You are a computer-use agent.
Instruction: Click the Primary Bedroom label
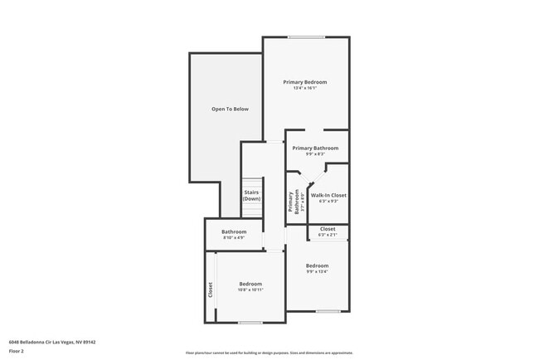(304, 82)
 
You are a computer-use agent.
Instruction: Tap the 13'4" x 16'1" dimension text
(304, 89)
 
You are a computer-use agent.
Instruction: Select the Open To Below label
(230, 109)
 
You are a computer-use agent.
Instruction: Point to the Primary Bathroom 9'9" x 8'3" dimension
(315, 153)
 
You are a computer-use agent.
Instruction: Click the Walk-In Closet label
(328, 195)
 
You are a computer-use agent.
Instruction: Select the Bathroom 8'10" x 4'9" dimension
(233, 238)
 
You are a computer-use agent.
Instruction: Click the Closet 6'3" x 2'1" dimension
(328, 235)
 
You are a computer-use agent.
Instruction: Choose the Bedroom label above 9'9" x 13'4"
(317, 265)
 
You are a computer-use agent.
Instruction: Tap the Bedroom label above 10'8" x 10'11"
(250, 284)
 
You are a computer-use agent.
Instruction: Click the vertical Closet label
(211, 289)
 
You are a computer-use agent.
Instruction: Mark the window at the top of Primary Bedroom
(306, 36)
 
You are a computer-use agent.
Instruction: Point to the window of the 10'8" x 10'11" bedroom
(250, 322)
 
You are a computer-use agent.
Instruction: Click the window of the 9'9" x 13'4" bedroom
(328, 311)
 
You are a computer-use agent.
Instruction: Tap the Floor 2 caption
(17, 350)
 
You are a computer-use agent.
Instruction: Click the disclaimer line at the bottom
(269, 353)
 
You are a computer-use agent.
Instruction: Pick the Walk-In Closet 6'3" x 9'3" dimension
(328, 201)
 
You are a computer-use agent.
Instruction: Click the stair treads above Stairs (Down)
(251, 182)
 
